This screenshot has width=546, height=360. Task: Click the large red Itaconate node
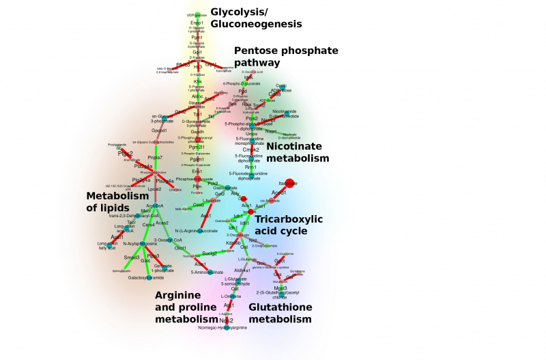pos(289,182)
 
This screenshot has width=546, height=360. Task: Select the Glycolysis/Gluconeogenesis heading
pos(256,18)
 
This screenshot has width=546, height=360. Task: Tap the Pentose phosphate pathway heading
pos(286,56)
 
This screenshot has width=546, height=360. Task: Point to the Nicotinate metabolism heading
pos(298,152)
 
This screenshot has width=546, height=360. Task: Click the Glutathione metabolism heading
pos(280,313)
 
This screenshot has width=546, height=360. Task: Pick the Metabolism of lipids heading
pos(117,201)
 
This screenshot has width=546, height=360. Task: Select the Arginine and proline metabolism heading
pos(186,307)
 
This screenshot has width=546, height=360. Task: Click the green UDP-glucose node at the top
pos(197,15)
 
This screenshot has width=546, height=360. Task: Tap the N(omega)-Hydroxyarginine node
pos(227,329)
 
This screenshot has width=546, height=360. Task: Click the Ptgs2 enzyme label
pos(125,154)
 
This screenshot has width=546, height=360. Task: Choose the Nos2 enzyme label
pos(227,320)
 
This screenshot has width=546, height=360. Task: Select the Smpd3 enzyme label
pos(131,258)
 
